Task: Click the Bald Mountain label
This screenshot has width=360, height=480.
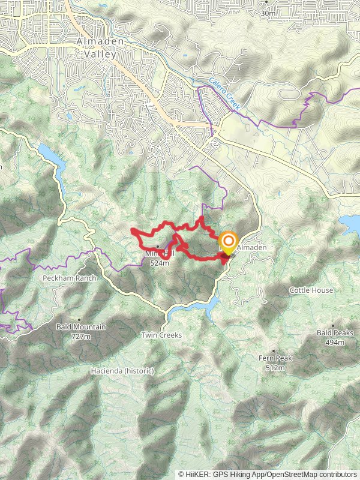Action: (x=81, y=327)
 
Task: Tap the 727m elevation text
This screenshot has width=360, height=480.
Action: (x=82, y=337)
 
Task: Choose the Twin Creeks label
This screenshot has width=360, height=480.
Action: (x=161, y=335)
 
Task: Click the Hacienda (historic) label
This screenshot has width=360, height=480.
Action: (x=122, y=371)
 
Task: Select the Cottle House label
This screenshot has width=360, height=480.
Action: (x=311, y=290)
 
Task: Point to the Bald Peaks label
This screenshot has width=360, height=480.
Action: (x=335, y=332)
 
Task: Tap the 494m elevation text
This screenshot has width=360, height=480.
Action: (x=335, y=342)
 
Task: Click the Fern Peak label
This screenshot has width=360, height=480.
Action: (x=275, y=358)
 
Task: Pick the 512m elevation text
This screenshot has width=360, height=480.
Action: (x=275, y=367)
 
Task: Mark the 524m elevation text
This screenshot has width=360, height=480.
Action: (x=160, y=262)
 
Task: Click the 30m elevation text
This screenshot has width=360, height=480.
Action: (x=268, y=13)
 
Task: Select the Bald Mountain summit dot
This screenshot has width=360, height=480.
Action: (x=79, y=320)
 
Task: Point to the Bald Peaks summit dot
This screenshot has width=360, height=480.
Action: (x=333, y=325)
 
